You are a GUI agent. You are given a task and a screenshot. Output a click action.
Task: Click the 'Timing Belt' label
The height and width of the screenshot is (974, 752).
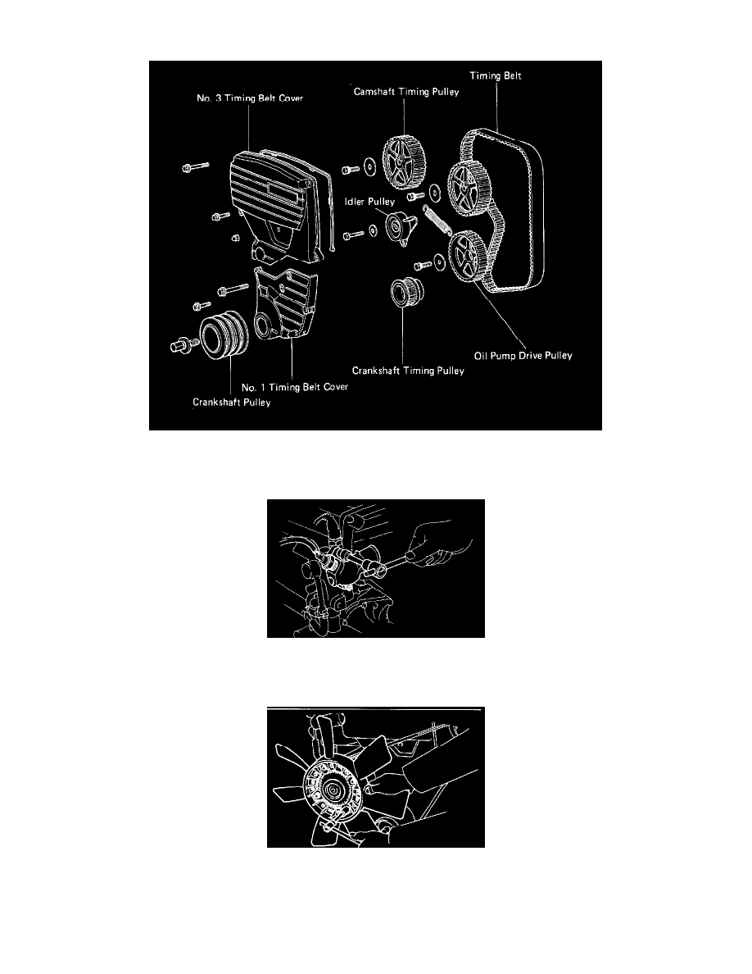click(x=495, y=75)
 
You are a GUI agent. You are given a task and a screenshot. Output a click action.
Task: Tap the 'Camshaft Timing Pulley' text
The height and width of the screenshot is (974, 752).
click(x=406, y=92)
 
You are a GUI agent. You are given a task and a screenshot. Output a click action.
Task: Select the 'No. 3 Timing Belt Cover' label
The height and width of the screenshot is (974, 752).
click(x=250, y=98)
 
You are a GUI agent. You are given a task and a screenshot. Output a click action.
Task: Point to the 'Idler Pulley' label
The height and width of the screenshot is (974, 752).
click(x=369, y=201)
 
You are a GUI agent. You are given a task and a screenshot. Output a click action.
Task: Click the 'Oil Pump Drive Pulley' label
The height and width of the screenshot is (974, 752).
click(x=523, y=356)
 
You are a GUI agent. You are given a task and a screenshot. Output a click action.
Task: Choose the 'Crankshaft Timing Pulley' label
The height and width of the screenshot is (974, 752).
click(x=408, y=371)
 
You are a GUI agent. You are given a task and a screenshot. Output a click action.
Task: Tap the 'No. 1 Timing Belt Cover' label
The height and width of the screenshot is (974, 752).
click(x=295, y=387)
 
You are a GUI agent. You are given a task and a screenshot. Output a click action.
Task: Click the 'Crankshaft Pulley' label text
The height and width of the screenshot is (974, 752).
click(x=232, y=403)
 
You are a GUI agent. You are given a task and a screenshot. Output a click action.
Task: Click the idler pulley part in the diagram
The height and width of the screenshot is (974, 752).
click(x=399, y=228)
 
